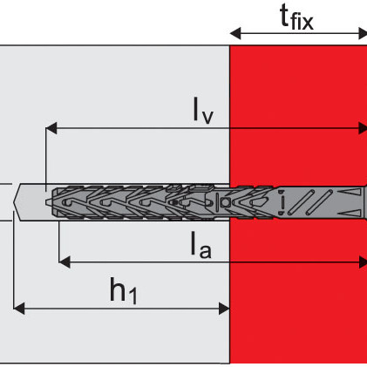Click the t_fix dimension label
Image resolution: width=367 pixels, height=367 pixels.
point(296,17)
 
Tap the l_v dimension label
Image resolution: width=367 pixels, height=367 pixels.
point(203,110)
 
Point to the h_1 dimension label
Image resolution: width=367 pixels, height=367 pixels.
point(123,291)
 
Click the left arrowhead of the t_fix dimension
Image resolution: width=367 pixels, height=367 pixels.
point(235,33)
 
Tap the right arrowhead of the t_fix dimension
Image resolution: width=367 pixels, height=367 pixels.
point(363,33)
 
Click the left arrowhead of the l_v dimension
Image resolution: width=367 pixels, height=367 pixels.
point(51,128)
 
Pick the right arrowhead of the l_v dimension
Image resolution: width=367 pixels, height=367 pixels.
point(363,128)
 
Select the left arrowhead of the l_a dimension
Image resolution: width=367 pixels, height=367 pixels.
point(65,262)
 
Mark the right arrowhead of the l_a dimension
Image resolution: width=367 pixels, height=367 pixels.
point(363,262)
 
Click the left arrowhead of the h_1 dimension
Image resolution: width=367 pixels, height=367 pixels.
point(19,309)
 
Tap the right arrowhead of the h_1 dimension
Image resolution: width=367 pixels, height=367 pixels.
point(224,309)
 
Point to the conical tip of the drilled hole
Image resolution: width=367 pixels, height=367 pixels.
point(17,202)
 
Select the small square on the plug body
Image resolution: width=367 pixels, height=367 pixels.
point(225,202)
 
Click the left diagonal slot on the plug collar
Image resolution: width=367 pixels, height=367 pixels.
point(301,202)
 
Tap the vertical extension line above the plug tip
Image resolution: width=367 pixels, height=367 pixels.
point(45,160)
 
